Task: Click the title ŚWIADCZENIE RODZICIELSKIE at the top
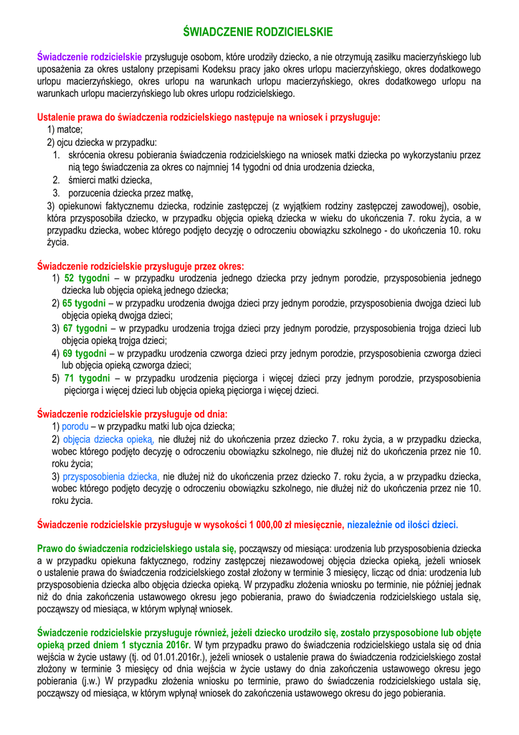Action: pos(258,32)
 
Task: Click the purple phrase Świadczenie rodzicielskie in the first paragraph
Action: pos(90,55)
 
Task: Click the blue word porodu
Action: pos(76,426)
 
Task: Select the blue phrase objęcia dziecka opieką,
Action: pos(108,439)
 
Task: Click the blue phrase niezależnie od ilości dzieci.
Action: pos(402,524)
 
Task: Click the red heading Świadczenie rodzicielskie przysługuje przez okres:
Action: pos(141,266)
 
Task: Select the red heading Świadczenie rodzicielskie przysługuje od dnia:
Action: pos(132,414)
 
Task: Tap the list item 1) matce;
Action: pos(65,129)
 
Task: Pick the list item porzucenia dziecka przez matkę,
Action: pos(130,192)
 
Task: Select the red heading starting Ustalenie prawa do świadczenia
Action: pos(208,117)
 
